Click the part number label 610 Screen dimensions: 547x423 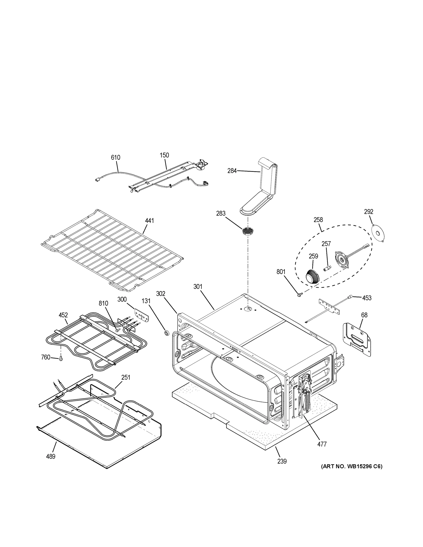coord(116,157)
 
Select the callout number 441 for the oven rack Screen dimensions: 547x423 coord(149,221)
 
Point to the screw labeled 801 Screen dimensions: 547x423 coord(299,295)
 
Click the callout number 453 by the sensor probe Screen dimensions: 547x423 coord(367,298)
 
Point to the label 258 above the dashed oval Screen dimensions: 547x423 coord(318,220)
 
